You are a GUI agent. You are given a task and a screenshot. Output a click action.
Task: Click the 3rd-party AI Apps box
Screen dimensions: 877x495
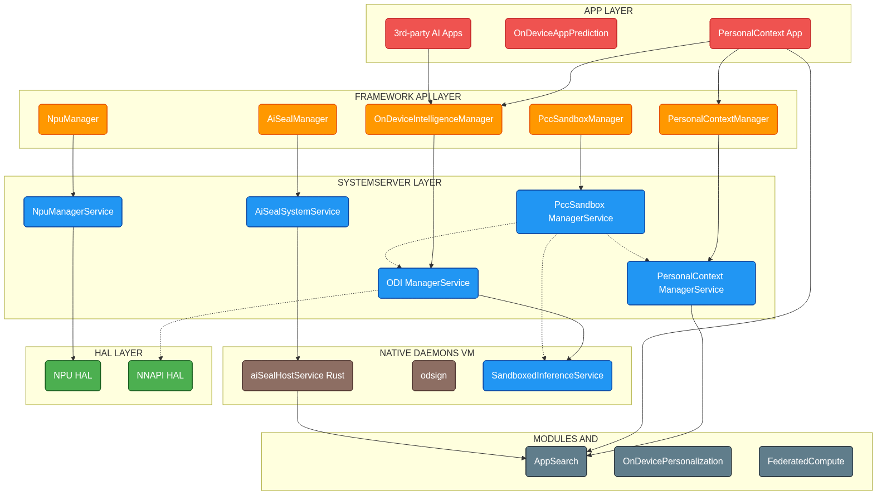pyautogui.click(x=428, y=33)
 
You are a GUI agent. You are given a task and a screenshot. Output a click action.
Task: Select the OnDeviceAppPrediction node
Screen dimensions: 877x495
pyautogui.click(x=561, y=33)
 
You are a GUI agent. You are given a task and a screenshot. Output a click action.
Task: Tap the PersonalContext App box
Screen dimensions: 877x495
pyautogui.click(x=760, y=33)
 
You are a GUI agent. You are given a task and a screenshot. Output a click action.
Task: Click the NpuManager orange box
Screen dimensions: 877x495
pyautogui.click(x=73, y=119)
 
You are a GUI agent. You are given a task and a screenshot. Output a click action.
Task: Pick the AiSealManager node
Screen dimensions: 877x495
pyautogui.click(x=298, y=119)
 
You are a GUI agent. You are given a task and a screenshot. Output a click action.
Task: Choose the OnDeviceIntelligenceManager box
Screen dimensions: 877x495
pyautogui.click(x=433, y=119)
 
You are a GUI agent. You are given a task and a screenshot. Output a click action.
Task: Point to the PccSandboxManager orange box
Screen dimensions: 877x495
pyautogui.click(x=581, y=119)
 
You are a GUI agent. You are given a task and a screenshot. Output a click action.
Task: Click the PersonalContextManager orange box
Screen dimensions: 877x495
pyautogui.click(x=718, y=119)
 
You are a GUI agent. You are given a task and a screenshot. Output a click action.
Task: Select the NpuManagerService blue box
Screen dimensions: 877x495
pyautogui.click(x=73, y=212)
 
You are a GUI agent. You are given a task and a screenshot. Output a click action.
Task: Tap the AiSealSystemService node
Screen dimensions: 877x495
pyautogui.click(x=298, y=212)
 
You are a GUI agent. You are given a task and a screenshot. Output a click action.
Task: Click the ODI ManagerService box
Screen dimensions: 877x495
pyautogui.click(x=428, y=283)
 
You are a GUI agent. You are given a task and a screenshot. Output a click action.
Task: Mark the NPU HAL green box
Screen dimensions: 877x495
pyautogui.click(x=73, y=376)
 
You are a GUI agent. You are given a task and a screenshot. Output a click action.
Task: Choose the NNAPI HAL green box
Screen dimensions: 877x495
pyautogui.click(x=160, y=376)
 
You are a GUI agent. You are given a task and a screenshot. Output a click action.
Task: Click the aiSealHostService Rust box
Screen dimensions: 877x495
pyautogui.click(x=298, y=376)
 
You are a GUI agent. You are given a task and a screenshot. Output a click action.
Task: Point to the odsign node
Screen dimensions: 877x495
pyautogui.click(x=434, y=376)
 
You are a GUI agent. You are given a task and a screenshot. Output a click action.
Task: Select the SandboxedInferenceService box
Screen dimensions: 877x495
pyautogui.click(x=547, y=376)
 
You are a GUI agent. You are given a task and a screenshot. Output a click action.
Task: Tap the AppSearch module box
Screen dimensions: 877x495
pyautogui.click(x=556, y=462)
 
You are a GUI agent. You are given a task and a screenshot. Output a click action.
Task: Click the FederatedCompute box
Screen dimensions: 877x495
pyautogui.click(x=806, y=462)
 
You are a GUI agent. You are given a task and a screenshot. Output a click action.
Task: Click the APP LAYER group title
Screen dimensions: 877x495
pyautogui.click(x=608, y=11)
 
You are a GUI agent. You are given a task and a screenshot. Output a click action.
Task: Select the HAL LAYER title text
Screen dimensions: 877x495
pyautogui.click(x=119, y=353)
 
